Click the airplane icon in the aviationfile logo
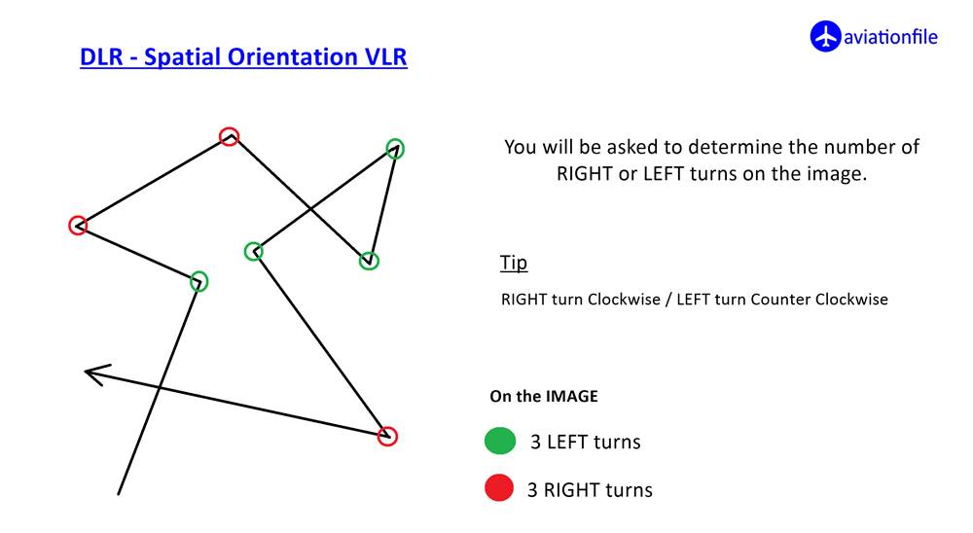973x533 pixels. click(825, 37)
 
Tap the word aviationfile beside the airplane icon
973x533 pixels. click(890, 37)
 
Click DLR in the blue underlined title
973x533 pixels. click(102, 57)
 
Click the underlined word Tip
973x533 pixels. click(514, 263)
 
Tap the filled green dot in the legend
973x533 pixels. click(500, 442)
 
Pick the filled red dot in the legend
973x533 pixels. click(499, 487)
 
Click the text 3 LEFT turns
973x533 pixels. click(585, 442)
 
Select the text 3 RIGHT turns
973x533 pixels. click(590, 490)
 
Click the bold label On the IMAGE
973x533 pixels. click(544, 397)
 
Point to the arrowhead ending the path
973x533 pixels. click(96, 374)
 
